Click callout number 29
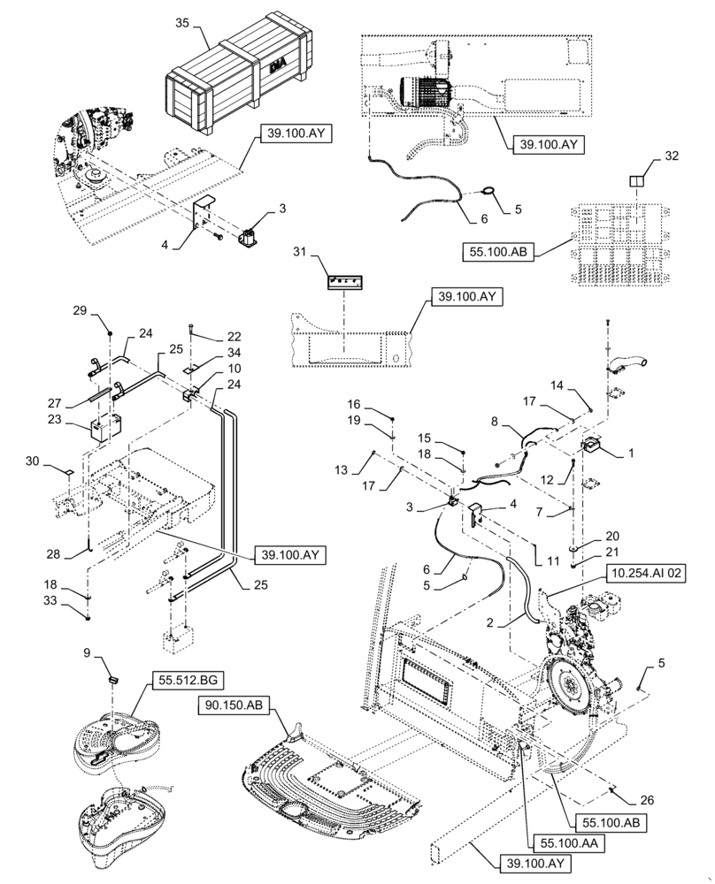click(x=80, y=312)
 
